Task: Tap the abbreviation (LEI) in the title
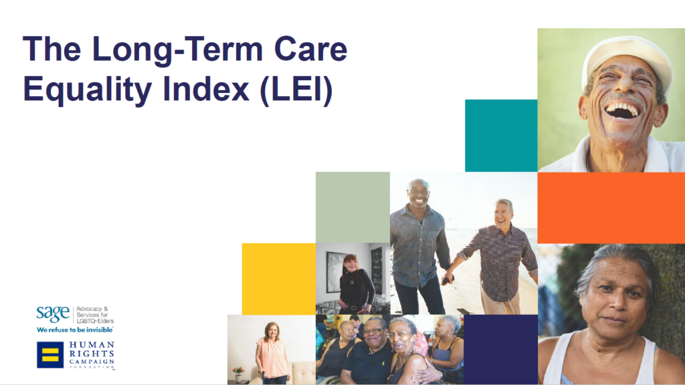click(296, 91)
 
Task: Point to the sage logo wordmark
click(53, 313)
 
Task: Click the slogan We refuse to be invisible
click(75, 330)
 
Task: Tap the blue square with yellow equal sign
click(50, 355)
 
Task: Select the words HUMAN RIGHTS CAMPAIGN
click(92, 353)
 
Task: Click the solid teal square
click(501, 136)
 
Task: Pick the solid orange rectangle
click(611, 208)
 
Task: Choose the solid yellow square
click(279, 279)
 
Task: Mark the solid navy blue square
click(500, 349)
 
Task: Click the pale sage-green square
click(353, 207)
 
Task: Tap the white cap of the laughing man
click(627, 57)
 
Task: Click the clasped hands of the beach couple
click(448, 278)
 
